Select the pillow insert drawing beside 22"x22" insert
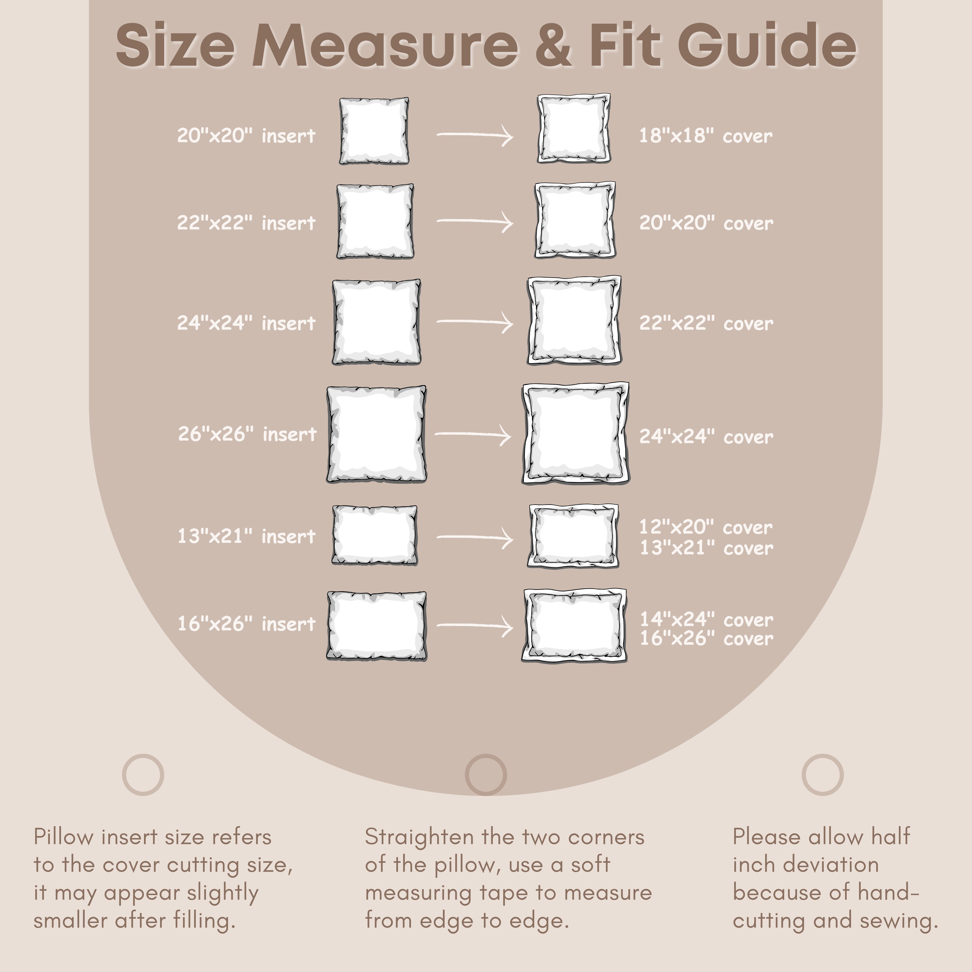click(x=375, y=221)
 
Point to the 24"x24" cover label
click(x=706, y=436)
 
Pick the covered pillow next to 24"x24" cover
click(x=575, y=433)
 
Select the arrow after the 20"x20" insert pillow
click(x=475, y=135)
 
